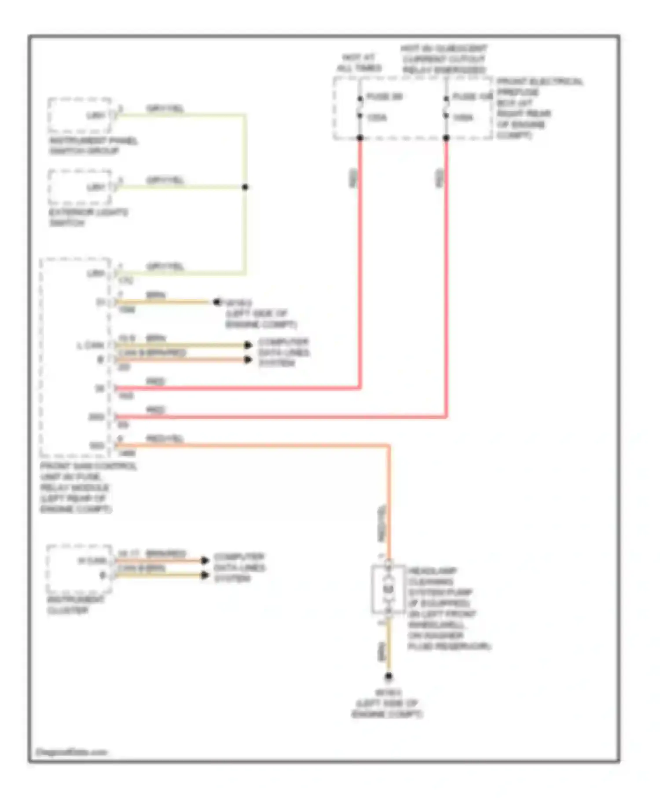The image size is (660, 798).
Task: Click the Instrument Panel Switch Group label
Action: coord(93,146)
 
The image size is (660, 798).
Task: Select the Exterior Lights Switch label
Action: coord(88,217)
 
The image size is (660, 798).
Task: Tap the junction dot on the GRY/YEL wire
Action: coord(245,187)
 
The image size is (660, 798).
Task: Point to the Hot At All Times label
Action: coord(359,62)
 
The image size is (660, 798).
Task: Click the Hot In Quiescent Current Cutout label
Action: coord(444,59)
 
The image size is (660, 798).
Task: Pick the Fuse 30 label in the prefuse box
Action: coord(384,96)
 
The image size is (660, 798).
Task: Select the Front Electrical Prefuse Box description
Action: coord(539,108)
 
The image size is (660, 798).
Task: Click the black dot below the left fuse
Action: coord(360,138)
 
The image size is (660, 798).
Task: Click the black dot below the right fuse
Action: coord(446,138)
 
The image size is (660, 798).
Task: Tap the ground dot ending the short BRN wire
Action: coord(216,302)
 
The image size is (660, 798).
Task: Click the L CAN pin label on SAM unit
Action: coord(91,345)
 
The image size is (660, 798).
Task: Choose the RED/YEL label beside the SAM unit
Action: coord(165,439)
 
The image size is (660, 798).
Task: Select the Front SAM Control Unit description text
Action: coord(88,487)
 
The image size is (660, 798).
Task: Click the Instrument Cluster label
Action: coord(75,605)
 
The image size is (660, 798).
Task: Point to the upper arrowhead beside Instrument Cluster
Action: coord(205,560)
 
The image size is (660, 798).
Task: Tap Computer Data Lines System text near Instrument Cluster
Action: coord(239,567)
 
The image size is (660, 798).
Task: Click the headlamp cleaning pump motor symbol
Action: coord(388,589)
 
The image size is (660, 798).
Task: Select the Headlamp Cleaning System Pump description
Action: coord(449,608)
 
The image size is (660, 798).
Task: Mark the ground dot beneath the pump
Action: coord(389,677)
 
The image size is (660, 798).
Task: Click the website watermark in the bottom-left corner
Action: coord(71,752)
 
